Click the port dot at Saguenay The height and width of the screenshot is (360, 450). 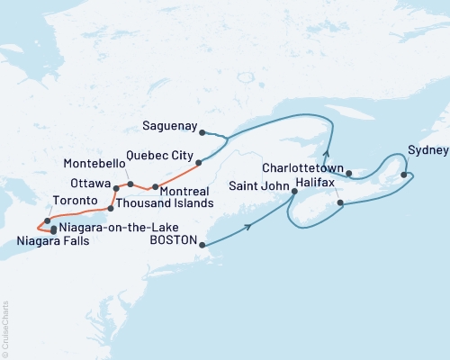click(x=202, y=132)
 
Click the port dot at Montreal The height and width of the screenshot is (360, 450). click(x=156, y=187)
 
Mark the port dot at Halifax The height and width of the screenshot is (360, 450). click(x=340, y=203)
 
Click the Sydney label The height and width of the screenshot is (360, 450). click(x=424, y=149)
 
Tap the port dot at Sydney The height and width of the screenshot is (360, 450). click(x=404, y=175)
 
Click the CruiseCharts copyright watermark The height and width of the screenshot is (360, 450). click(x=5, y=328)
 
